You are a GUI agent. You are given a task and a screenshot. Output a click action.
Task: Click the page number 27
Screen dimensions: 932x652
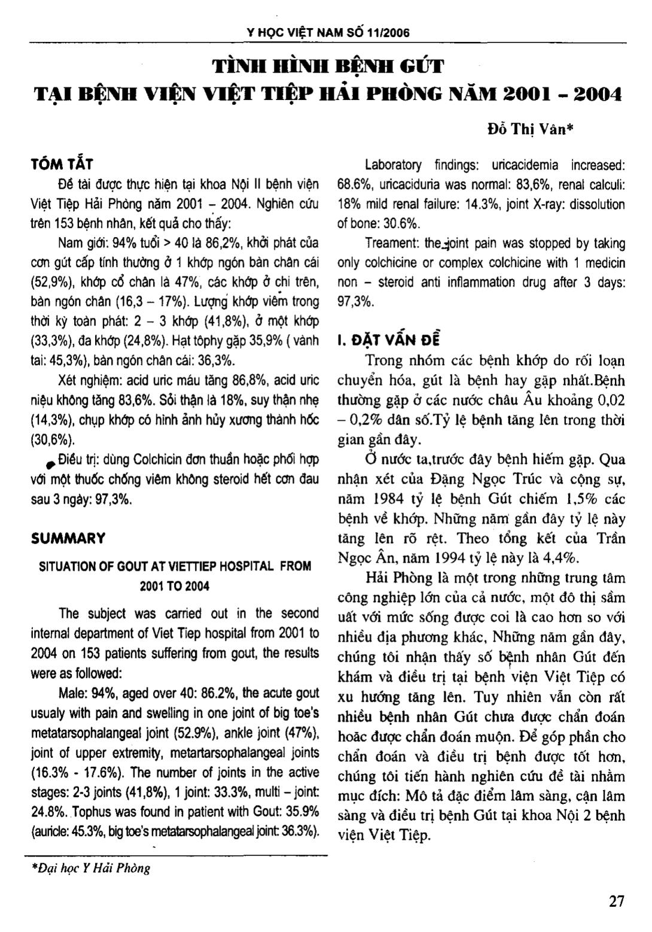[x=616, y=901]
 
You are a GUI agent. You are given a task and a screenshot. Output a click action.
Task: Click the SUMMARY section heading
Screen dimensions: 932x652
[x=68, y=538]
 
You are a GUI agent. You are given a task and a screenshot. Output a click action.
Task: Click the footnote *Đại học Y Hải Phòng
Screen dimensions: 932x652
[x=90, y=868]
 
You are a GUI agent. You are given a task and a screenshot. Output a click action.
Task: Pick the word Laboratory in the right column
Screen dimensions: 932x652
[x=393, y=165]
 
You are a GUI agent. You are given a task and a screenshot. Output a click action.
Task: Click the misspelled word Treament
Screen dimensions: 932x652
[x=392, y=244]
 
